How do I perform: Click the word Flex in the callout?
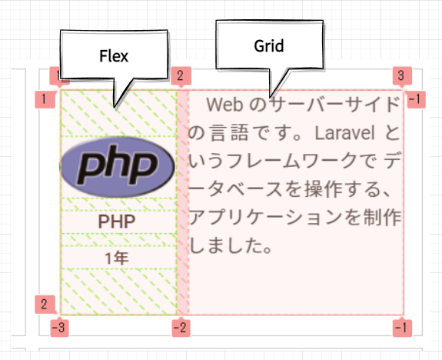(114, 56)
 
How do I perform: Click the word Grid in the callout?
(268, 46)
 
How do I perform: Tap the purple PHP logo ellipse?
(117, 167)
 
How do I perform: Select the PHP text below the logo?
(116, 222)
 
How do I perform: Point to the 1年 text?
(117, 258)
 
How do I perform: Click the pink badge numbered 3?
(402, 76)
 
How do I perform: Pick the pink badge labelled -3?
(59, 328)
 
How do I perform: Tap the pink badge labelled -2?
(181, 328)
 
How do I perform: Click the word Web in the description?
(224, 105)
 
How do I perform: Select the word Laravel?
(344, 132)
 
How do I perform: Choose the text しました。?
(231, 245)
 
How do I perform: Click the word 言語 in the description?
(230, 133)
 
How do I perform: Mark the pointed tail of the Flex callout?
(115, 108)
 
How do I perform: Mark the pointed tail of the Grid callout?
(271, 98)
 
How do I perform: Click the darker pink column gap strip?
(183, 202)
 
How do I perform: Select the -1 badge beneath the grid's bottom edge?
(402, 328)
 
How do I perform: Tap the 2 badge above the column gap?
(181, 76)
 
